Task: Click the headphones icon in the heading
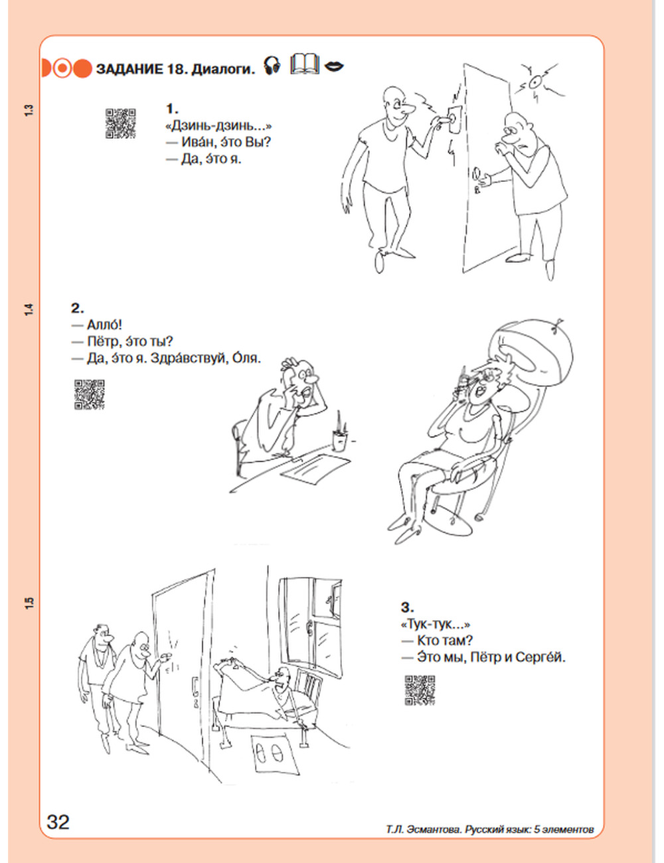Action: tap(272, 65)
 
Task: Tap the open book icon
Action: tap(305, 64)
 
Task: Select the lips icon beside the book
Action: tap(334, 66)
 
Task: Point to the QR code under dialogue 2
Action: tap(90, 394)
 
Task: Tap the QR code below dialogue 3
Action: tap(420, 690)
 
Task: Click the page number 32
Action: tap(58, 821)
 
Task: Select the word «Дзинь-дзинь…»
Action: tap(218, 126)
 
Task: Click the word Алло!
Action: tap(104, 325)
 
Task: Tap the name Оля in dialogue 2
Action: tap(246, 358)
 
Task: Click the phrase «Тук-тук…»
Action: tap(436, 624)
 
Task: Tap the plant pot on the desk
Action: tap(339, 441)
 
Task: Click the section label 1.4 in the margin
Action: tap(29, 310)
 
